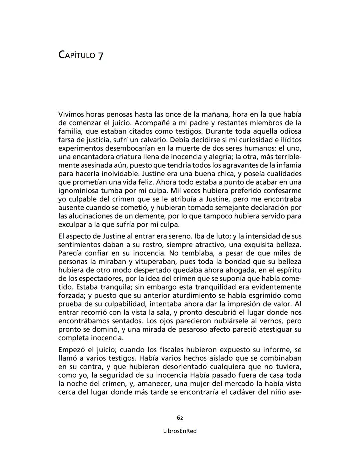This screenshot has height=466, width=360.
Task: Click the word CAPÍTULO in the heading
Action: point(77,54)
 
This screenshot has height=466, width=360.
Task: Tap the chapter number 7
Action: point(100,55)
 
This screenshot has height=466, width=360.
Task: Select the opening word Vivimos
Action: point(71,115)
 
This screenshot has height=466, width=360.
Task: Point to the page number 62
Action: point(180,418)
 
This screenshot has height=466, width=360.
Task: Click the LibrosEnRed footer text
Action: point(180,431)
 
